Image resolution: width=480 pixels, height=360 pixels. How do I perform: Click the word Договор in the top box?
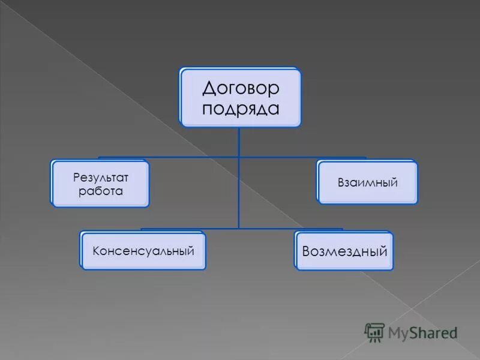coord(241,89)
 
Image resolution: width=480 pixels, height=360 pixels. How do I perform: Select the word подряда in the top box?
coord(241,109)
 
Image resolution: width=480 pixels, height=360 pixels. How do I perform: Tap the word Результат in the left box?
coord(100,178)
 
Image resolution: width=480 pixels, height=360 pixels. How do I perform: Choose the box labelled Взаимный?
coord(367,182)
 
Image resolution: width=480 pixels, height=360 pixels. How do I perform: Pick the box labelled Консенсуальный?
coord(143,250)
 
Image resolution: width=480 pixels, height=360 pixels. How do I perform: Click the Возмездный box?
coord(344,251)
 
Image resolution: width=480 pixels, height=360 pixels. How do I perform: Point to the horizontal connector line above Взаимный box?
coord(336,158)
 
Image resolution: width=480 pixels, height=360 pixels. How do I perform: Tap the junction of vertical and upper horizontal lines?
coord(239,158)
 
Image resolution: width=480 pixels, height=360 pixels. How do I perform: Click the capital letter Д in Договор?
coord(209,89)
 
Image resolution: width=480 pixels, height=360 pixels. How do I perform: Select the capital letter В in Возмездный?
coord(307,251)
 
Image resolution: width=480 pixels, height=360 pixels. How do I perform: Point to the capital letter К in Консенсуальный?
coord(96,250)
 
